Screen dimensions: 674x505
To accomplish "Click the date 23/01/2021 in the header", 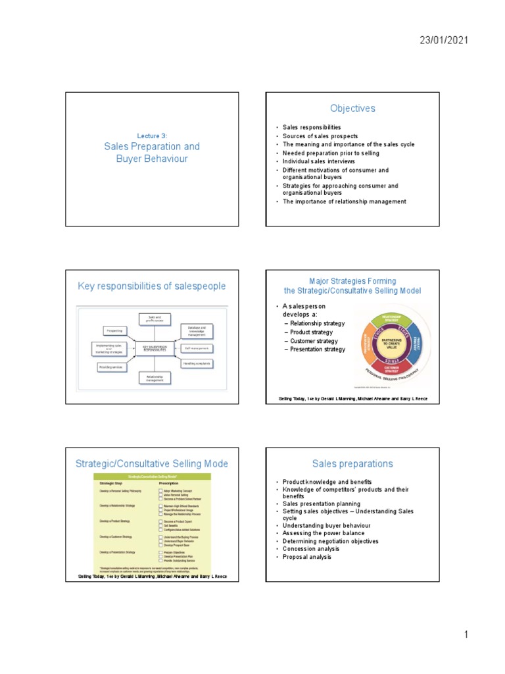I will pyautogui.click(x=445, y=41).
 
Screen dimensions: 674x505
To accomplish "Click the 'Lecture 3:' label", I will pyautogui.click(x=152, y=136).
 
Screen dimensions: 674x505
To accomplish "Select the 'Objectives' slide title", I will pyautogui.click(x=353, y=109).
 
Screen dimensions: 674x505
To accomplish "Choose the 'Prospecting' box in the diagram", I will pyautogui.click(x=115, y=330).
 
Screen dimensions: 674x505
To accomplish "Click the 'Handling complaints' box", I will pyautogui.click(x=198, y=363).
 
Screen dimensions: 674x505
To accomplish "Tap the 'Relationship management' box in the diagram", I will pyautogui.click(x=155, y=378).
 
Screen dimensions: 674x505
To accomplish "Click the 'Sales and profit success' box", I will pyautogui.click(x=155, y=319).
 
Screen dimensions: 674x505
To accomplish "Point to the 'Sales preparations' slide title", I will pyautogui.click(x=353, y=463).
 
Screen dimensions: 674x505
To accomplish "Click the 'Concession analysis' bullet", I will pyautogui.click(x=311, y=549).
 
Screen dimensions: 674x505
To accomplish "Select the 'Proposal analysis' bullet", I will pyautogui.click(x=307, y=557).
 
